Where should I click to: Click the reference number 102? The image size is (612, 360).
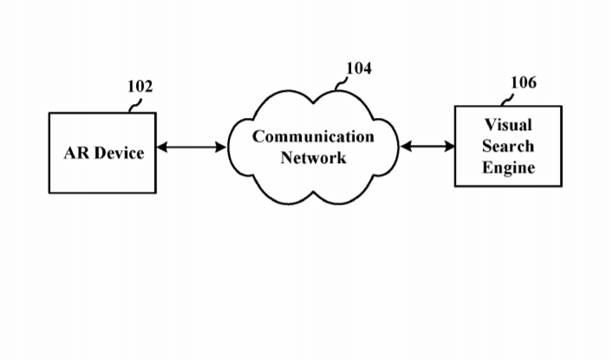pos(140,87)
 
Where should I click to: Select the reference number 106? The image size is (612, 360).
pos(523,82)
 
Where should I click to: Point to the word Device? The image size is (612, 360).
pos(119,153)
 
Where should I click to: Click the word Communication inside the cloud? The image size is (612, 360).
pos(313,137)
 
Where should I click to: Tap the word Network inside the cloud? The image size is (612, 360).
pos(313,158)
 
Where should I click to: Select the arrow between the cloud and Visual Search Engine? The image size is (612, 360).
pos(427,147)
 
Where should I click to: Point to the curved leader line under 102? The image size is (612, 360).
pos(134,104)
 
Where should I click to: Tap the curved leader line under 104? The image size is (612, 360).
pos(341,83)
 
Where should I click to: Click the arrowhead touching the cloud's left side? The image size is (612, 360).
pos(221,147)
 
